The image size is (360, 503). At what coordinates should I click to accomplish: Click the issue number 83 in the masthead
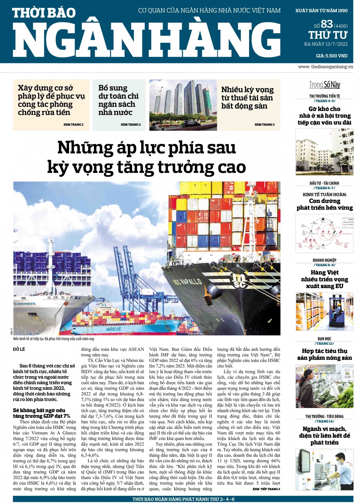(327, 24)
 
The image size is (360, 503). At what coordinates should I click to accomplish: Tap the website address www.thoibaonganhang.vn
(325, 67)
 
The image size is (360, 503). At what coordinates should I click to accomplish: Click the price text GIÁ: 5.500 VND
(332, 56)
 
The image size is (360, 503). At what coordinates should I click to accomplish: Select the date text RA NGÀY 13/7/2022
(326, 44)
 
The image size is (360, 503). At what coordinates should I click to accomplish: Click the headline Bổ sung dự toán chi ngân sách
(118, 100)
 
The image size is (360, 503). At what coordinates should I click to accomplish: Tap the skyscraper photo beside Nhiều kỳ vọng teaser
(183, 105)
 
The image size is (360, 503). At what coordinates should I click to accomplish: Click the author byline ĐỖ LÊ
(19, 349)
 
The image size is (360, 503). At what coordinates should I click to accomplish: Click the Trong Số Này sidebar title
(324, 85)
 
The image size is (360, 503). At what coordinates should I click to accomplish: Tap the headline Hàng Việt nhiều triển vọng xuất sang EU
(324, 279)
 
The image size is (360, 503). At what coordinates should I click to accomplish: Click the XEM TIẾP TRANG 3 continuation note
(266, 489)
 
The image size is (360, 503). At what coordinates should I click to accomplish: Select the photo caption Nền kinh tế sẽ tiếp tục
(54, 339)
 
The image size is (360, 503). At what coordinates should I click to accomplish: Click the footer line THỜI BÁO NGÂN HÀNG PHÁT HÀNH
(183, 499)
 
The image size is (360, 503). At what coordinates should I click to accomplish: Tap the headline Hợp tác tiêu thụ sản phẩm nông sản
(324, 354)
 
